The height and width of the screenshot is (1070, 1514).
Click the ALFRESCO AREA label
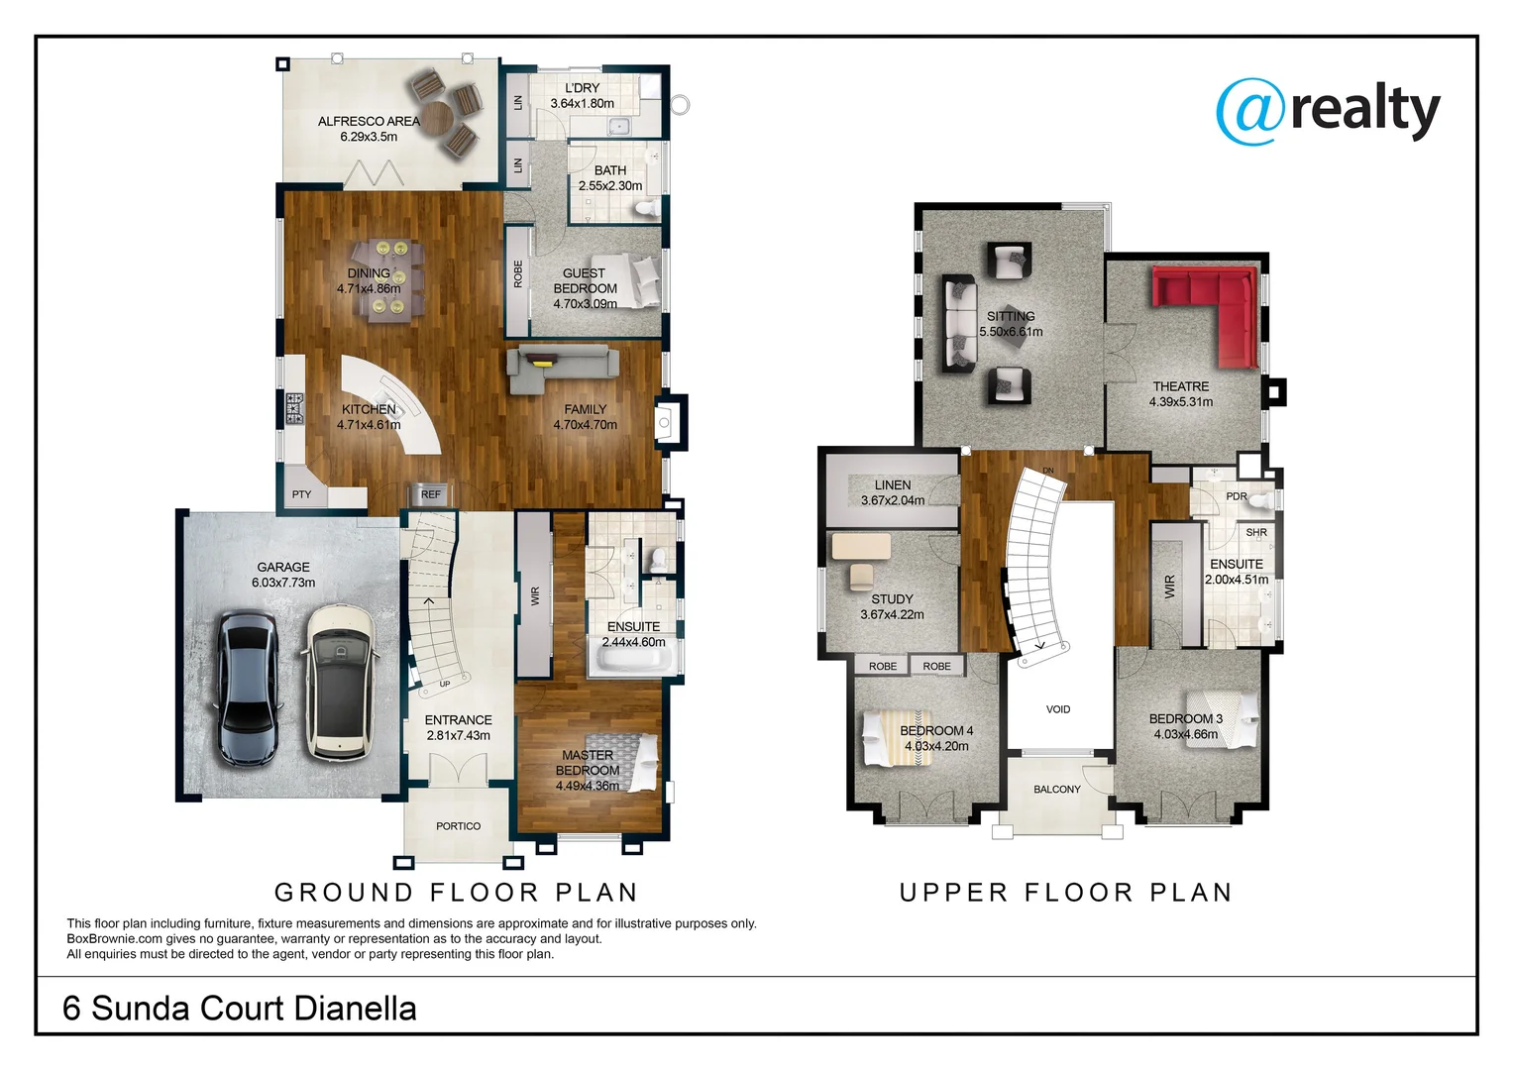[369, 121]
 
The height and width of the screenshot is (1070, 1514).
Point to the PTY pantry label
[301, 494]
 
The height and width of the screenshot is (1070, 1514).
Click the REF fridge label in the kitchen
[430, 494]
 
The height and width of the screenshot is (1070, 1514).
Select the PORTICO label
[458, 826]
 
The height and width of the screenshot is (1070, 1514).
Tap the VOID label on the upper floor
[1058, 709]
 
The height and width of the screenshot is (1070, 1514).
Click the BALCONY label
[1057, 790]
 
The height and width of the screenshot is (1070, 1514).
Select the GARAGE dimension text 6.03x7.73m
[283, 583]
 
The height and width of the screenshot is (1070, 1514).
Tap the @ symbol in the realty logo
[1250, 112]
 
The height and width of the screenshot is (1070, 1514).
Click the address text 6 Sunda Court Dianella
[240, 1009]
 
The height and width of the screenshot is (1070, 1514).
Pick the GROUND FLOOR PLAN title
[456, 893]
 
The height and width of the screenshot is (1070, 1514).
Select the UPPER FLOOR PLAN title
[1066, 893]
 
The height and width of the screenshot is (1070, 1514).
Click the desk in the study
[860, 546]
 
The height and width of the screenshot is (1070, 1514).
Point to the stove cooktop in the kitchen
[294, 408]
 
